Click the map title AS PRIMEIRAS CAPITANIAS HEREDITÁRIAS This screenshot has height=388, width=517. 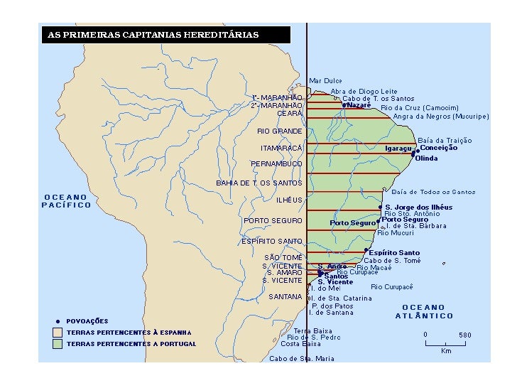pyautogui.click(x=153, y=35)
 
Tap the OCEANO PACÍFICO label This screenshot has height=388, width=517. pyautogui.click(x=67, y=201)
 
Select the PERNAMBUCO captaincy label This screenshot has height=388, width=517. pyautogui.click(x=276, y=164)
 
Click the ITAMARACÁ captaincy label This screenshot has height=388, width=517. pyautogui.click(x=281, y=148)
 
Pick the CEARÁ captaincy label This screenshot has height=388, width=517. pyautogui.click(x=290, y=113)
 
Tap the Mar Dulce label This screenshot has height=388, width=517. pyautogui.click(x=325, y=81)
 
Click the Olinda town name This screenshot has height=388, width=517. pyautogui.click(x=426, y=158)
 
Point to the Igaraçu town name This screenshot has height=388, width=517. pyautogui.click(x=398, y=149)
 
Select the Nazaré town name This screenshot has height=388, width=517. pyautogui.click(x=359, y=105)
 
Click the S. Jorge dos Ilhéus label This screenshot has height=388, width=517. pyautogui.click(x=418, y=207)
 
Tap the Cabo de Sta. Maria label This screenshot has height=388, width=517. pyautogui.click(x=302, y=359)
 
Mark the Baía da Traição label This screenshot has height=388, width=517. pyautogui.click(x=445, y=141)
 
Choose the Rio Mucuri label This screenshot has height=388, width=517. pyautogui.click(x=396, y=233)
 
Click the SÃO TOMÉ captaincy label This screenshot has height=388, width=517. pyautogui.click(x=283, y=257)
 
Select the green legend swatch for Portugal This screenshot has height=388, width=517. pyautogui.click(x=58, y=344)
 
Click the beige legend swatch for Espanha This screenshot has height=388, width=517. pyautogui.click(x=58, y=333)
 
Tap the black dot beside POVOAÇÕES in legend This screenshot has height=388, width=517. pyautogui.click(x=58, y=321)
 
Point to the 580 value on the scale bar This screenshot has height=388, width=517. pyautogui.click(x=464, y=335)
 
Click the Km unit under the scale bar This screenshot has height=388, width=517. pyautogui.click(x=446, y=351)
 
